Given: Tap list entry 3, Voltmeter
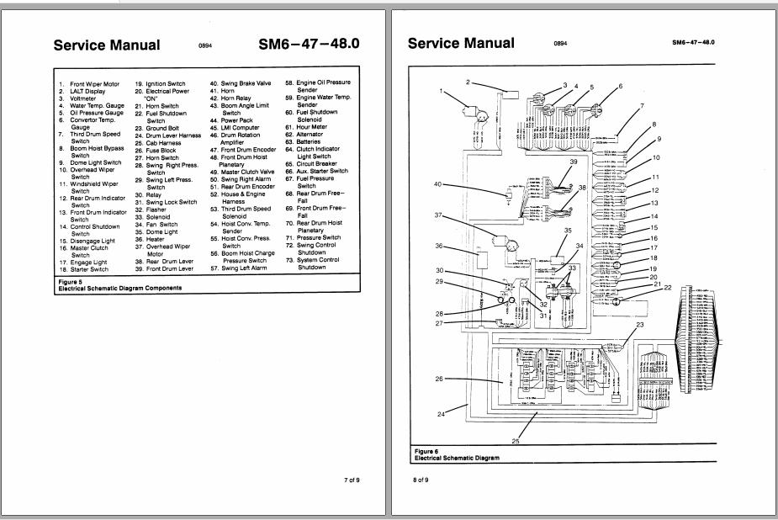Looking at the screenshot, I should coord(79,98).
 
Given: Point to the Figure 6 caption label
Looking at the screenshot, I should coord(426,451).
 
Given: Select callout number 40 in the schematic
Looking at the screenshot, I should coord(437,183).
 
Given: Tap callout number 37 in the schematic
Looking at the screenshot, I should coord(438,215).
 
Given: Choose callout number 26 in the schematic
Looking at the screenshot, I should coord(438,379).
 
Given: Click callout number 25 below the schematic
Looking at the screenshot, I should coord(516,440).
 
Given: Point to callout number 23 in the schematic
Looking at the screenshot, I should coord(638,324).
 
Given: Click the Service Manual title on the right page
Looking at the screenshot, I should coord(461,43).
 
